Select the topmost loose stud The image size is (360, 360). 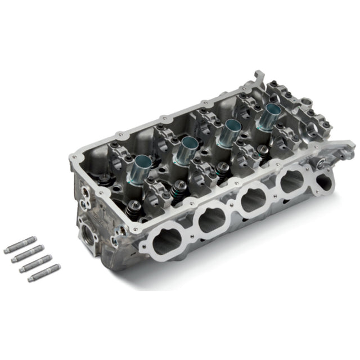[20, 245]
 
